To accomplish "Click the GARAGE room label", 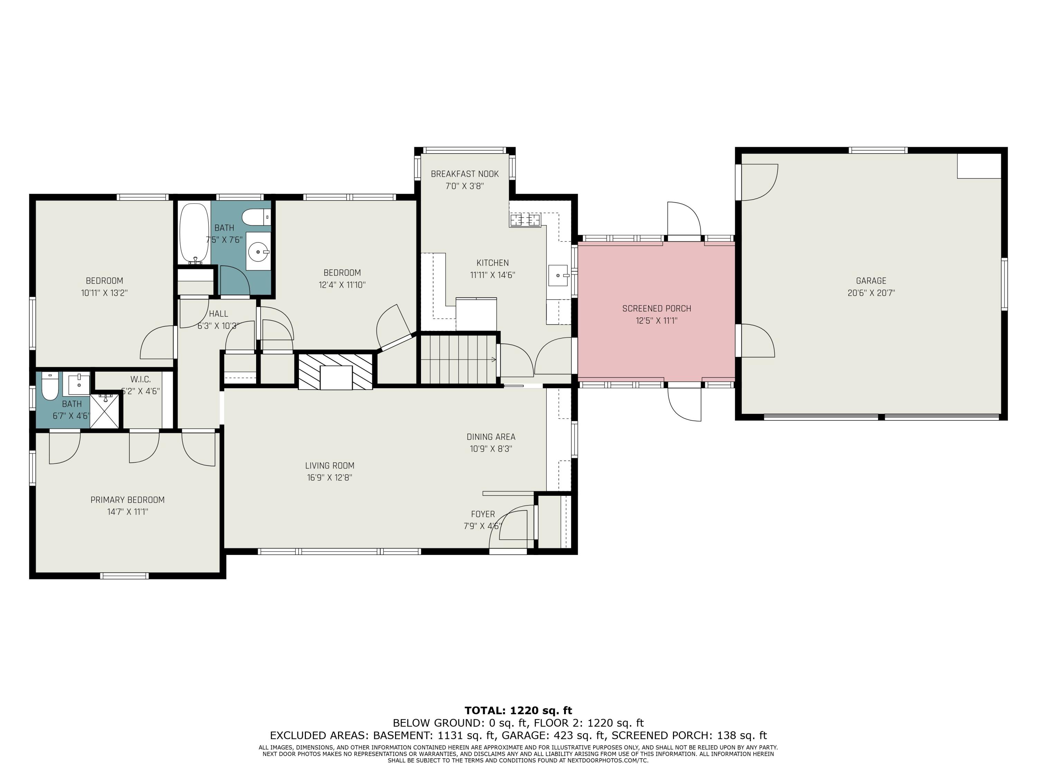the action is tap(871, 281).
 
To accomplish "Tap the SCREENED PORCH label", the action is tap(656, 308).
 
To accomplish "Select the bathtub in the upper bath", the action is tap(194, 233).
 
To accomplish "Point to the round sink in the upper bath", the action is tap(258, 252).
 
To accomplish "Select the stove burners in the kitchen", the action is tap(525, 220).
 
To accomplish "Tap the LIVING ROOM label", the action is tap(329, 466).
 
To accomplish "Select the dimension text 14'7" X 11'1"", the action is tap(128, 512).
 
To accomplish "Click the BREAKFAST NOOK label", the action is tap(465, 174).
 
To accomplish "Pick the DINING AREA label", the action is tap(491, 437).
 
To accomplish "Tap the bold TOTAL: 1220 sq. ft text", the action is tap(518, 711).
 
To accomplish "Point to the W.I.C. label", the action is tap(141, 379).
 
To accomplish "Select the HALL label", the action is tap(218, 314).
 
